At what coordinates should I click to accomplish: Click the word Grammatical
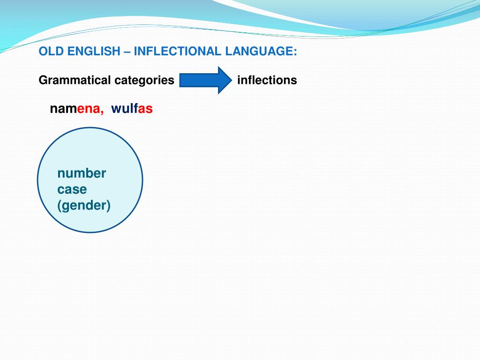(75, 80)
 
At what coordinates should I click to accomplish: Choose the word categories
(144, 80)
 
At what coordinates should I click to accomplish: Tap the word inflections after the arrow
(267, 80)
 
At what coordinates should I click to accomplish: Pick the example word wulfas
(132, 109)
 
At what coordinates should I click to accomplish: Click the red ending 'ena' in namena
(90, 109)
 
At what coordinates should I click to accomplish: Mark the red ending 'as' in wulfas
(145, 109)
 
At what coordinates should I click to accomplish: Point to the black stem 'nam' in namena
(60, 109)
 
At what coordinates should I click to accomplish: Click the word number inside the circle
(82, 173)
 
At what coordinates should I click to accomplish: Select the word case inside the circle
(72, 190)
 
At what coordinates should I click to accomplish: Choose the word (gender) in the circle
(84, 205)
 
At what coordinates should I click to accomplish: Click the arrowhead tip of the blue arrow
(230, 80)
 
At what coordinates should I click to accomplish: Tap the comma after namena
(102, 112)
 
